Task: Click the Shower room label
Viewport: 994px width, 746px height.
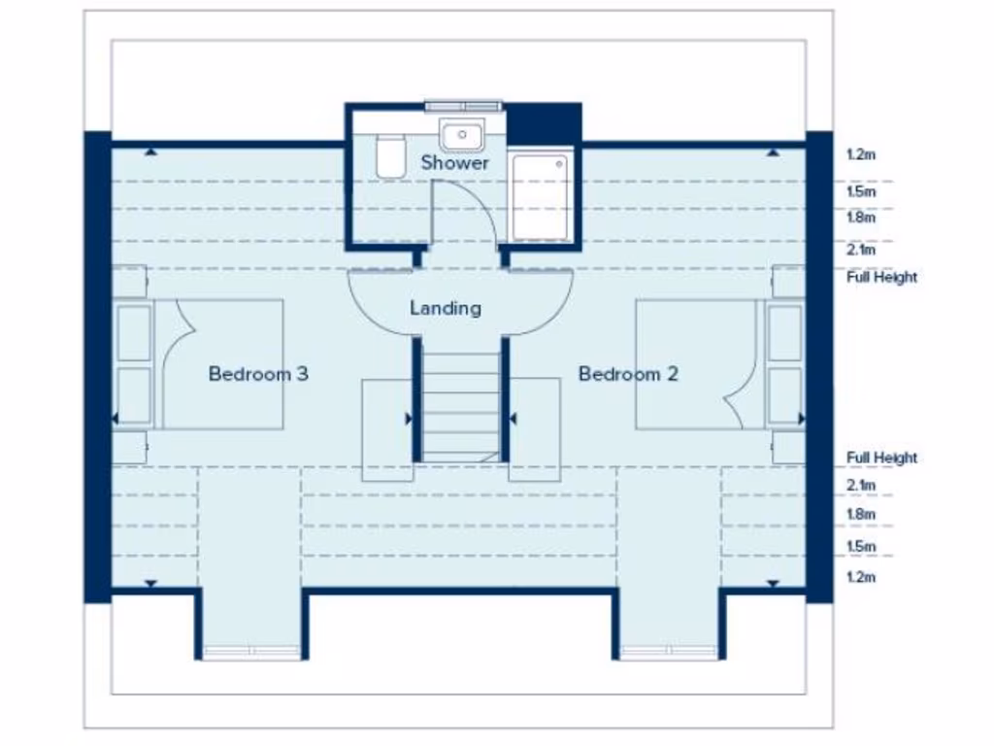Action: coord(454,163)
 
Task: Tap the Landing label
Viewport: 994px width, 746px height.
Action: coord(446,308)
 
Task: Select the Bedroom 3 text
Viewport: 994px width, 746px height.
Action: coord(258,373)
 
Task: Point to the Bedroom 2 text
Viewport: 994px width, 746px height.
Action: coord(628,373)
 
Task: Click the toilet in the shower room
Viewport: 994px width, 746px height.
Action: coord(390,157)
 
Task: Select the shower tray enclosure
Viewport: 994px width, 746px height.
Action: coord(539,197)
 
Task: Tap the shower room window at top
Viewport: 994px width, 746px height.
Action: coord(462,105)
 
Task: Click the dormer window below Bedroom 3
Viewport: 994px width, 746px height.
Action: coord(250,651)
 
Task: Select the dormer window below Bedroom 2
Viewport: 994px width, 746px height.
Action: coord(668,651)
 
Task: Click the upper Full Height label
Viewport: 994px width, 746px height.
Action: coord(881,277)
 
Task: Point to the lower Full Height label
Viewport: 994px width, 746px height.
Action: coord(881,458)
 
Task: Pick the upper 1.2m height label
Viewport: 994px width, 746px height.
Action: coord(861,154)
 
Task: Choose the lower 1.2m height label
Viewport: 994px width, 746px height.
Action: coord(861,577)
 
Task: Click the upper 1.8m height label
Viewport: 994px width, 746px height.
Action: coord(861,219)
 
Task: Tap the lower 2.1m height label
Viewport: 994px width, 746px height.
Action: coord(861,485)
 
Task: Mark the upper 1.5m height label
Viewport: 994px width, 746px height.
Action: coord(861,191)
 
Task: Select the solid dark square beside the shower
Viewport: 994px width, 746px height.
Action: coord(544,123)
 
